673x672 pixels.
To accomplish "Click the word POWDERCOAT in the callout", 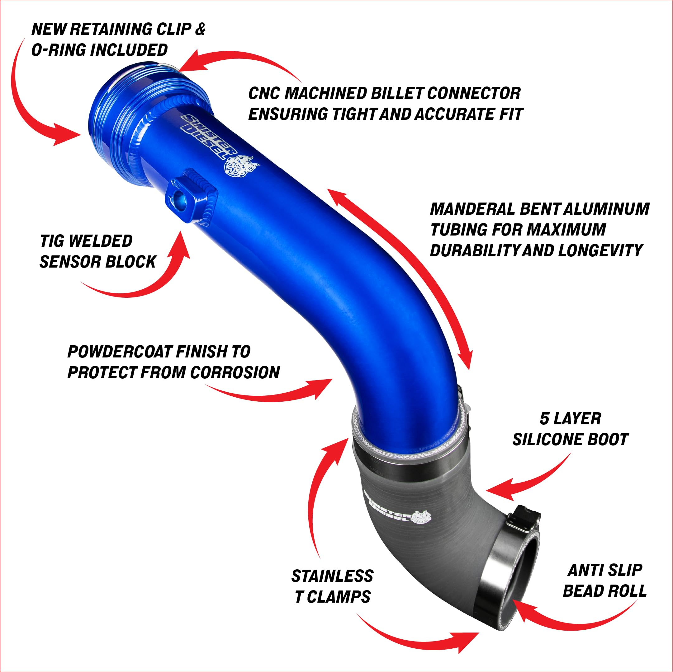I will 120,352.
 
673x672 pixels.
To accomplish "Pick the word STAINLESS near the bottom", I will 332,576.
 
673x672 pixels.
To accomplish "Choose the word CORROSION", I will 235,373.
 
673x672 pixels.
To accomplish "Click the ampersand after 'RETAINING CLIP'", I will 200,29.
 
